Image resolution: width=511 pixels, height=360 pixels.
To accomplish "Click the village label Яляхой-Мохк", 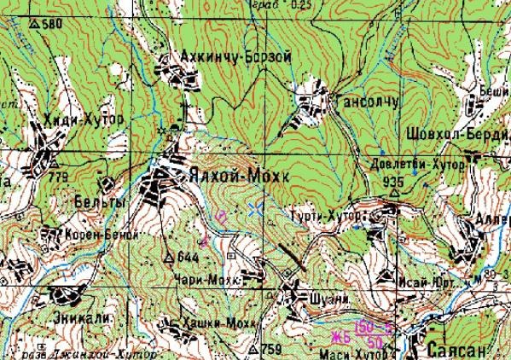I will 231,176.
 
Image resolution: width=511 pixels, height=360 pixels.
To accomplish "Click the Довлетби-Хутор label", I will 416,164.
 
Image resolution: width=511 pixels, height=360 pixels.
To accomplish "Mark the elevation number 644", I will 188,256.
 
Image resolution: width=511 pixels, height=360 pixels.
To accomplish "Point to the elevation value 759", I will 270,349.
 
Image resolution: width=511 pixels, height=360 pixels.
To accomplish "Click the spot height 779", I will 59,177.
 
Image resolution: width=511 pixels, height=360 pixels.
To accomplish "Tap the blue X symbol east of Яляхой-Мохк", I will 254,207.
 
